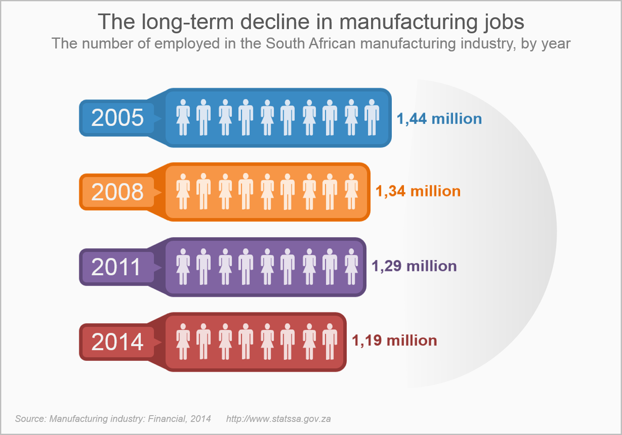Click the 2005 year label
(x=117, y=118)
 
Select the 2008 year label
(x=117, y=192)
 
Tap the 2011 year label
(x=116, y=267)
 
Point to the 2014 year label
(x=117, y=342)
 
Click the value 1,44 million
(x=439, y=119)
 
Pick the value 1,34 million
(x=418, y=191)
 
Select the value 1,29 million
(x=414, y=266)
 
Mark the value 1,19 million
(x=394, y=341)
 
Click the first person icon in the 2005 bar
(x=183, y=118)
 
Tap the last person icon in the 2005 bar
(x=372, y=118)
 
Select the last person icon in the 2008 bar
(x=351, y=192)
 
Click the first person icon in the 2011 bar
(x=183, y=266)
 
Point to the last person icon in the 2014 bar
(x=330, y=341)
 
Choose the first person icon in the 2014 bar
(x=183, y=341)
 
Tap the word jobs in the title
(x=504, y=22)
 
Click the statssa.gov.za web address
(x=278, y=419)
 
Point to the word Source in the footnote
(x=30, y=419)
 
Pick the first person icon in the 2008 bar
(x=183, y=192)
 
